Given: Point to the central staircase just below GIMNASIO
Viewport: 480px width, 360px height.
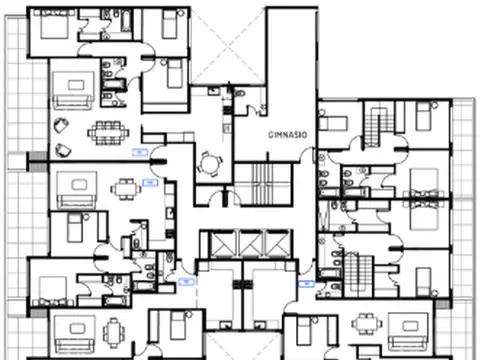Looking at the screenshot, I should (x=262, y=182).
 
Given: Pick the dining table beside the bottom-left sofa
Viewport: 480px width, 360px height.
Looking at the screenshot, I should (x=113, y=327).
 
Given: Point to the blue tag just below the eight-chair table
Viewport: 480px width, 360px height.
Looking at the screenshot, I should (x=139, y=153).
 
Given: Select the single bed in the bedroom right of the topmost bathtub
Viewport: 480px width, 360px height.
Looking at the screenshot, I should (x=169, y=25).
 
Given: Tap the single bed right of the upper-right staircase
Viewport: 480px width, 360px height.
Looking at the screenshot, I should (x=424, y=121).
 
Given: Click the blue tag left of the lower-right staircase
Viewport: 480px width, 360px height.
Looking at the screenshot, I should (x=307, y=284).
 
